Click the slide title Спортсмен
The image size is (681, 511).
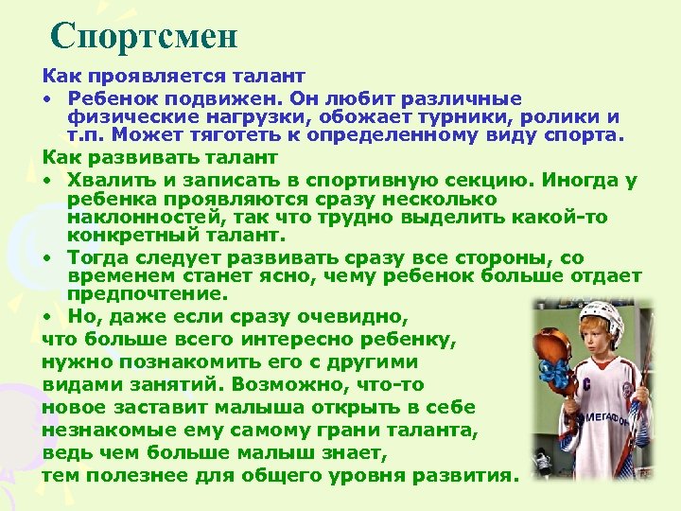pyautogui.click(x=144, y=36)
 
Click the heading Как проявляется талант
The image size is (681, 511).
pyautogui.click(x=173, y=73)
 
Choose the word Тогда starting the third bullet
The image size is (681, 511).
pyautogui.click(x=97, y=257)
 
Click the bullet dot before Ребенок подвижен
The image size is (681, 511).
pyautogui.click(x=45, y=98)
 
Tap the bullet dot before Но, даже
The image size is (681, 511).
pyautogui.click(x=45, y=314)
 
